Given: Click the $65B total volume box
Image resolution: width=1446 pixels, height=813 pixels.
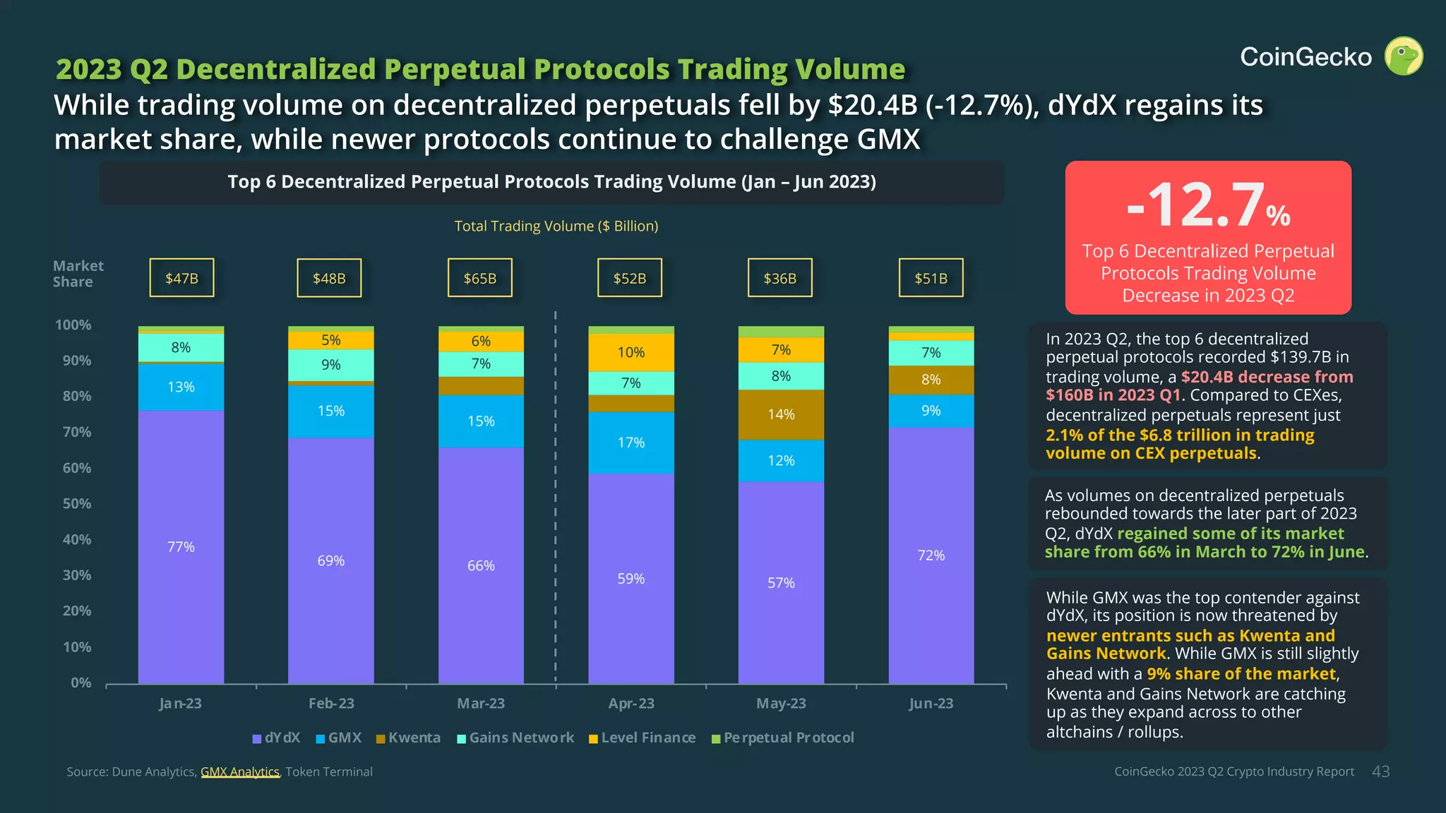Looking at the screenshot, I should click(x=480, y=278).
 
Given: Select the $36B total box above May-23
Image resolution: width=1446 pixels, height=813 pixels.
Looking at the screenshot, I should click(x=780, y=278).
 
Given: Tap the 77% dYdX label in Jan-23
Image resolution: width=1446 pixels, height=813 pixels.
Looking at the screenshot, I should click(x=181, y=547).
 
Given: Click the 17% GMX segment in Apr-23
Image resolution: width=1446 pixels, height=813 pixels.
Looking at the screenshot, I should click(x=631, y=442).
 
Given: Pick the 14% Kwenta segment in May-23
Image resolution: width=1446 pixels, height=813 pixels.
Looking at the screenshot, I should click(x=781, y=414).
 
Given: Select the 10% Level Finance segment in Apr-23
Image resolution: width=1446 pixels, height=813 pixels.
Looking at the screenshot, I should click(x=631, y=352).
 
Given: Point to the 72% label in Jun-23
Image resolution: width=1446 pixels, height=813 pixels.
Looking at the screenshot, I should click(x=931, y=555).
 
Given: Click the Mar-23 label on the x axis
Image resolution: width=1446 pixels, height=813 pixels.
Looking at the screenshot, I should click(x=481, y=704).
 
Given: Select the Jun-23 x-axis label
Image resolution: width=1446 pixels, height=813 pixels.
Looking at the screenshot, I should click(x=931, y=704).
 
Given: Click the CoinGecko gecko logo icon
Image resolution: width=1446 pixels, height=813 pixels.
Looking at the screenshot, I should click(x=1403, y=56).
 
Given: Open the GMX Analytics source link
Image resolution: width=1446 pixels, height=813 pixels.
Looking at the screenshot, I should click(x=240, y=772).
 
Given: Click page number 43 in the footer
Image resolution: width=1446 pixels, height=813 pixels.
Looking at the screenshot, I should click(x=1380, y=772).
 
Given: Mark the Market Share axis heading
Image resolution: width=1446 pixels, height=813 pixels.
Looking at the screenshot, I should click(x=78, y=274).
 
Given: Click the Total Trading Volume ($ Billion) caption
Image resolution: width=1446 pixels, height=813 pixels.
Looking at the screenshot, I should click(x=556, y=227).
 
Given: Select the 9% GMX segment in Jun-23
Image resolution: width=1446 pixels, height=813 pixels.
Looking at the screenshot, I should click(x=931, y=411).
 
